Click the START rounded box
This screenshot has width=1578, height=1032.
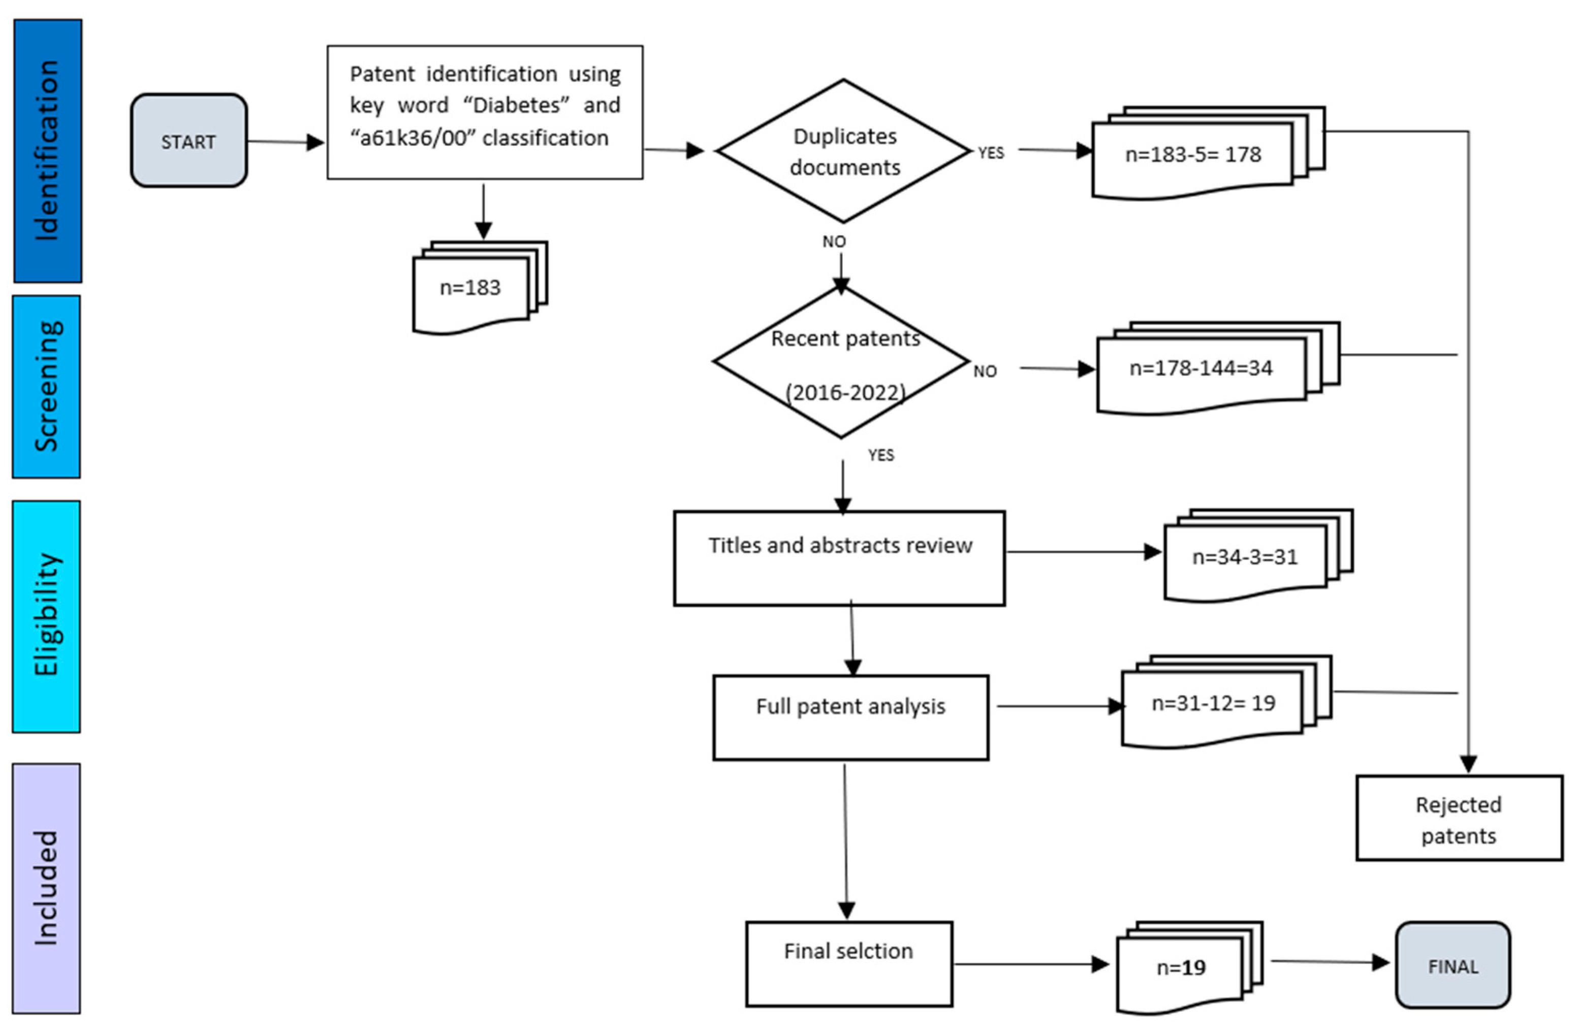tap(189, 141)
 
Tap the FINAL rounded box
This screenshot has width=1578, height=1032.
tap(1453, 965)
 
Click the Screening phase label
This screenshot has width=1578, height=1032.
tap(46, 387)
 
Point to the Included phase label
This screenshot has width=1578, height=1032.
tap(46, 888)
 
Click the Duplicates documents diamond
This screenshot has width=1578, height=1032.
tap(843, 151)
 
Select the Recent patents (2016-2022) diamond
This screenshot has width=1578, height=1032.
tap(842, 363)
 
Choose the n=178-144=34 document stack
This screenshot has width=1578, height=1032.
tap(1202, 368)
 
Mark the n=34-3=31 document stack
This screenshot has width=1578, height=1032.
tap(1245, 556)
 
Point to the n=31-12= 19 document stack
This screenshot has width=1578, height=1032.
tap(1213, 703)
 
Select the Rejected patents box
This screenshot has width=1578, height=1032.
tap(1459, 819)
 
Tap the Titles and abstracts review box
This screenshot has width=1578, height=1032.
tap(839, 558)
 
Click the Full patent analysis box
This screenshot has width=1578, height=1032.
tap(850, 717)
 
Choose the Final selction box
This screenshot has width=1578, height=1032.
tap(848, 964)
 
